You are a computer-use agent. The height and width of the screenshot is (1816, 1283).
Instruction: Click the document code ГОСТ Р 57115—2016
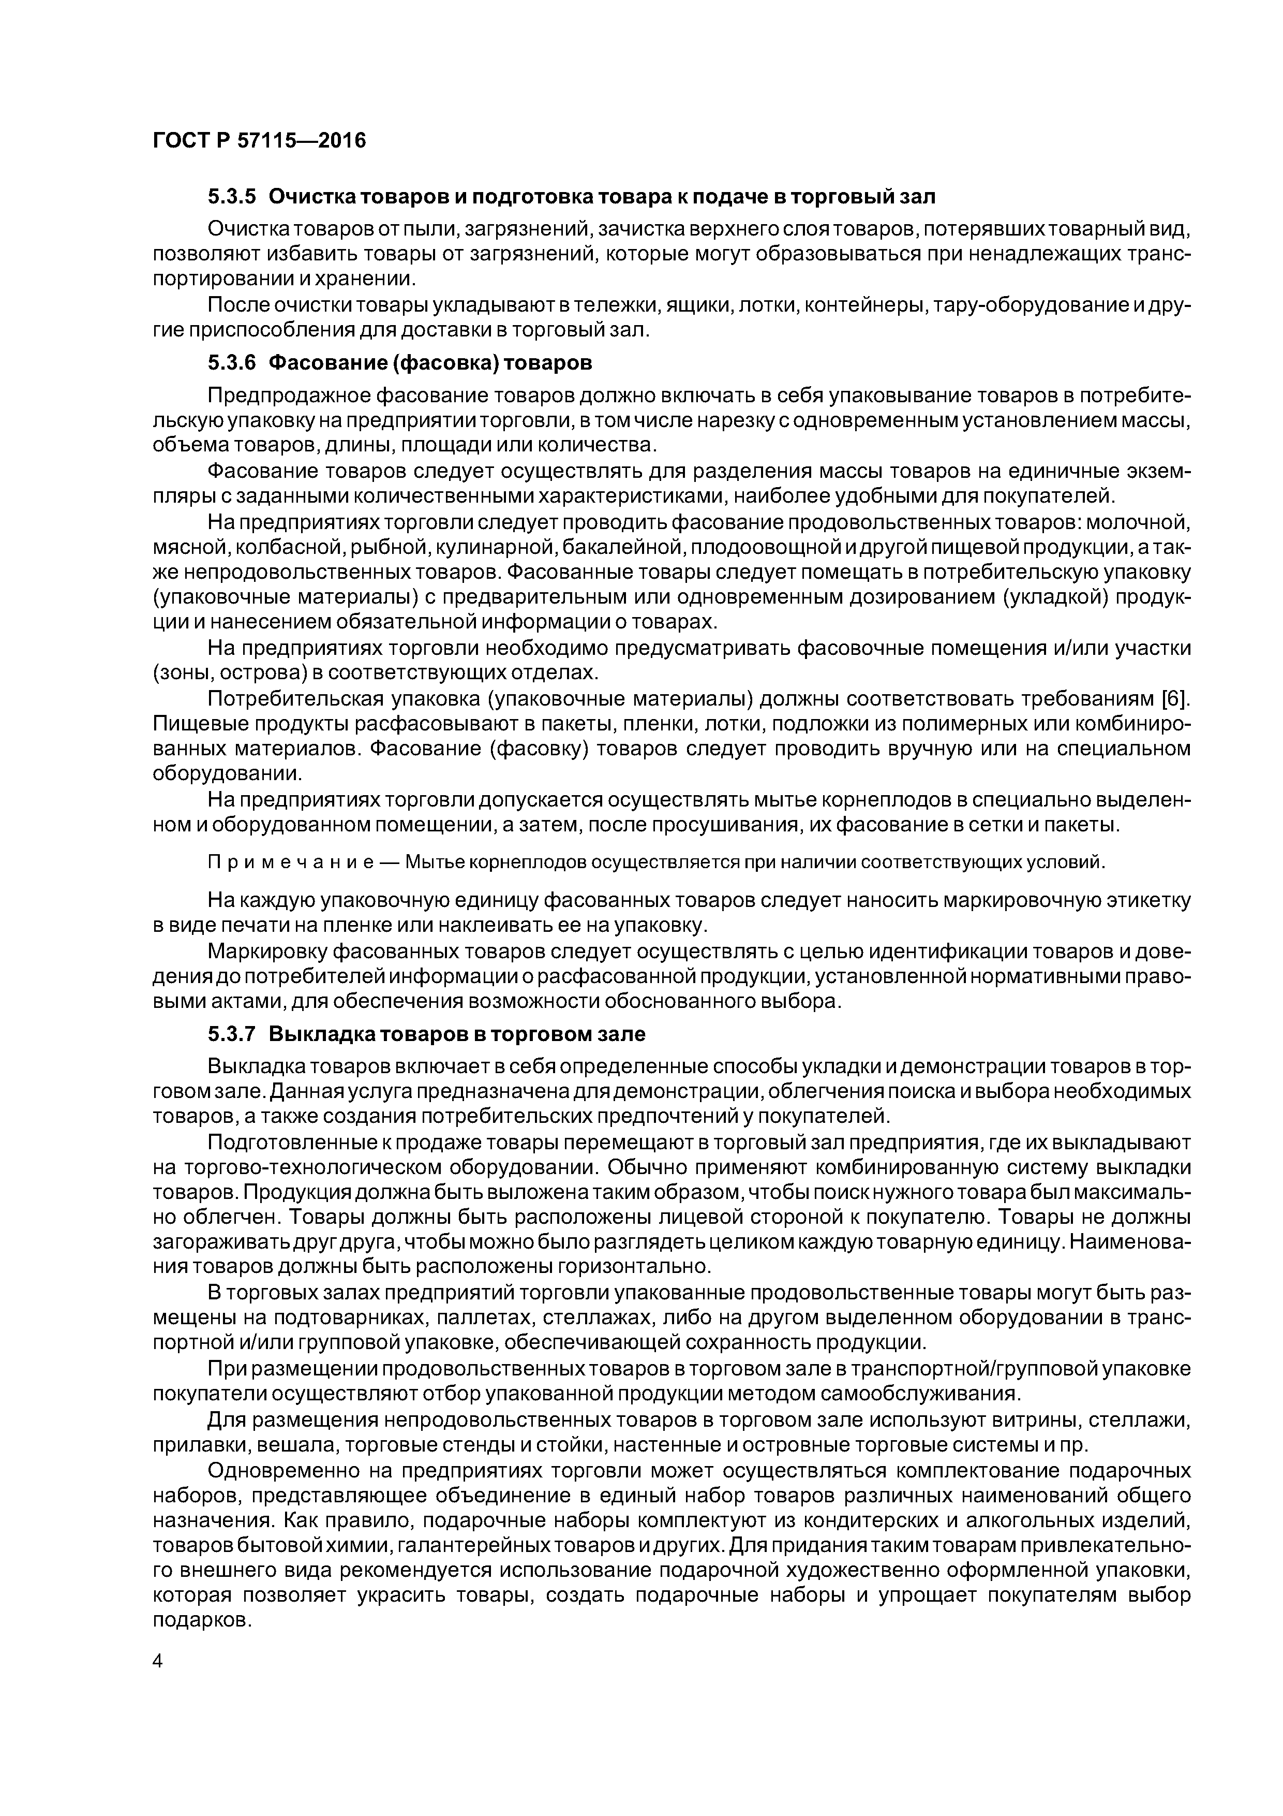(x=259, y=141)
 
